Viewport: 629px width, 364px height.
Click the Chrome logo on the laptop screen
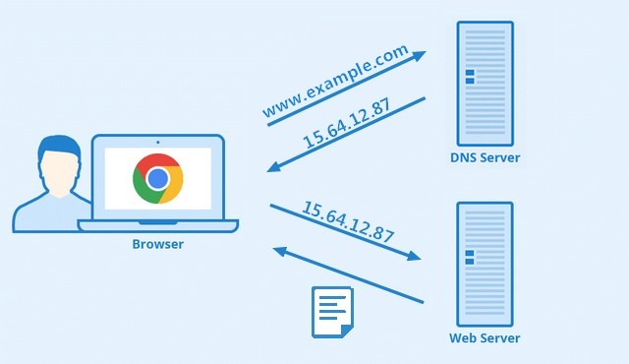pos(157,178)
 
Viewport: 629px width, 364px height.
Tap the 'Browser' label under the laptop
pos(157,244)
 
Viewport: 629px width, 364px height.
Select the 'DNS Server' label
pos(485,157)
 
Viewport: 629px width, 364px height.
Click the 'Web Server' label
pos(485,338)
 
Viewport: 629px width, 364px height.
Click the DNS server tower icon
pos(485,83)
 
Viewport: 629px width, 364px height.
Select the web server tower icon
pos(485,263)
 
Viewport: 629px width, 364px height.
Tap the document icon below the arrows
pos(331,312)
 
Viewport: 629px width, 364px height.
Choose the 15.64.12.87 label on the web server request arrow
pos(348,221)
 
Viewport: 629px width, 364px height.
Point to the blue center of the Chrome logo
pos(157,178)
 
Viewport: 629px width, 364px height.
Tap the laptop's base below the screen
pos(157,225)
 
